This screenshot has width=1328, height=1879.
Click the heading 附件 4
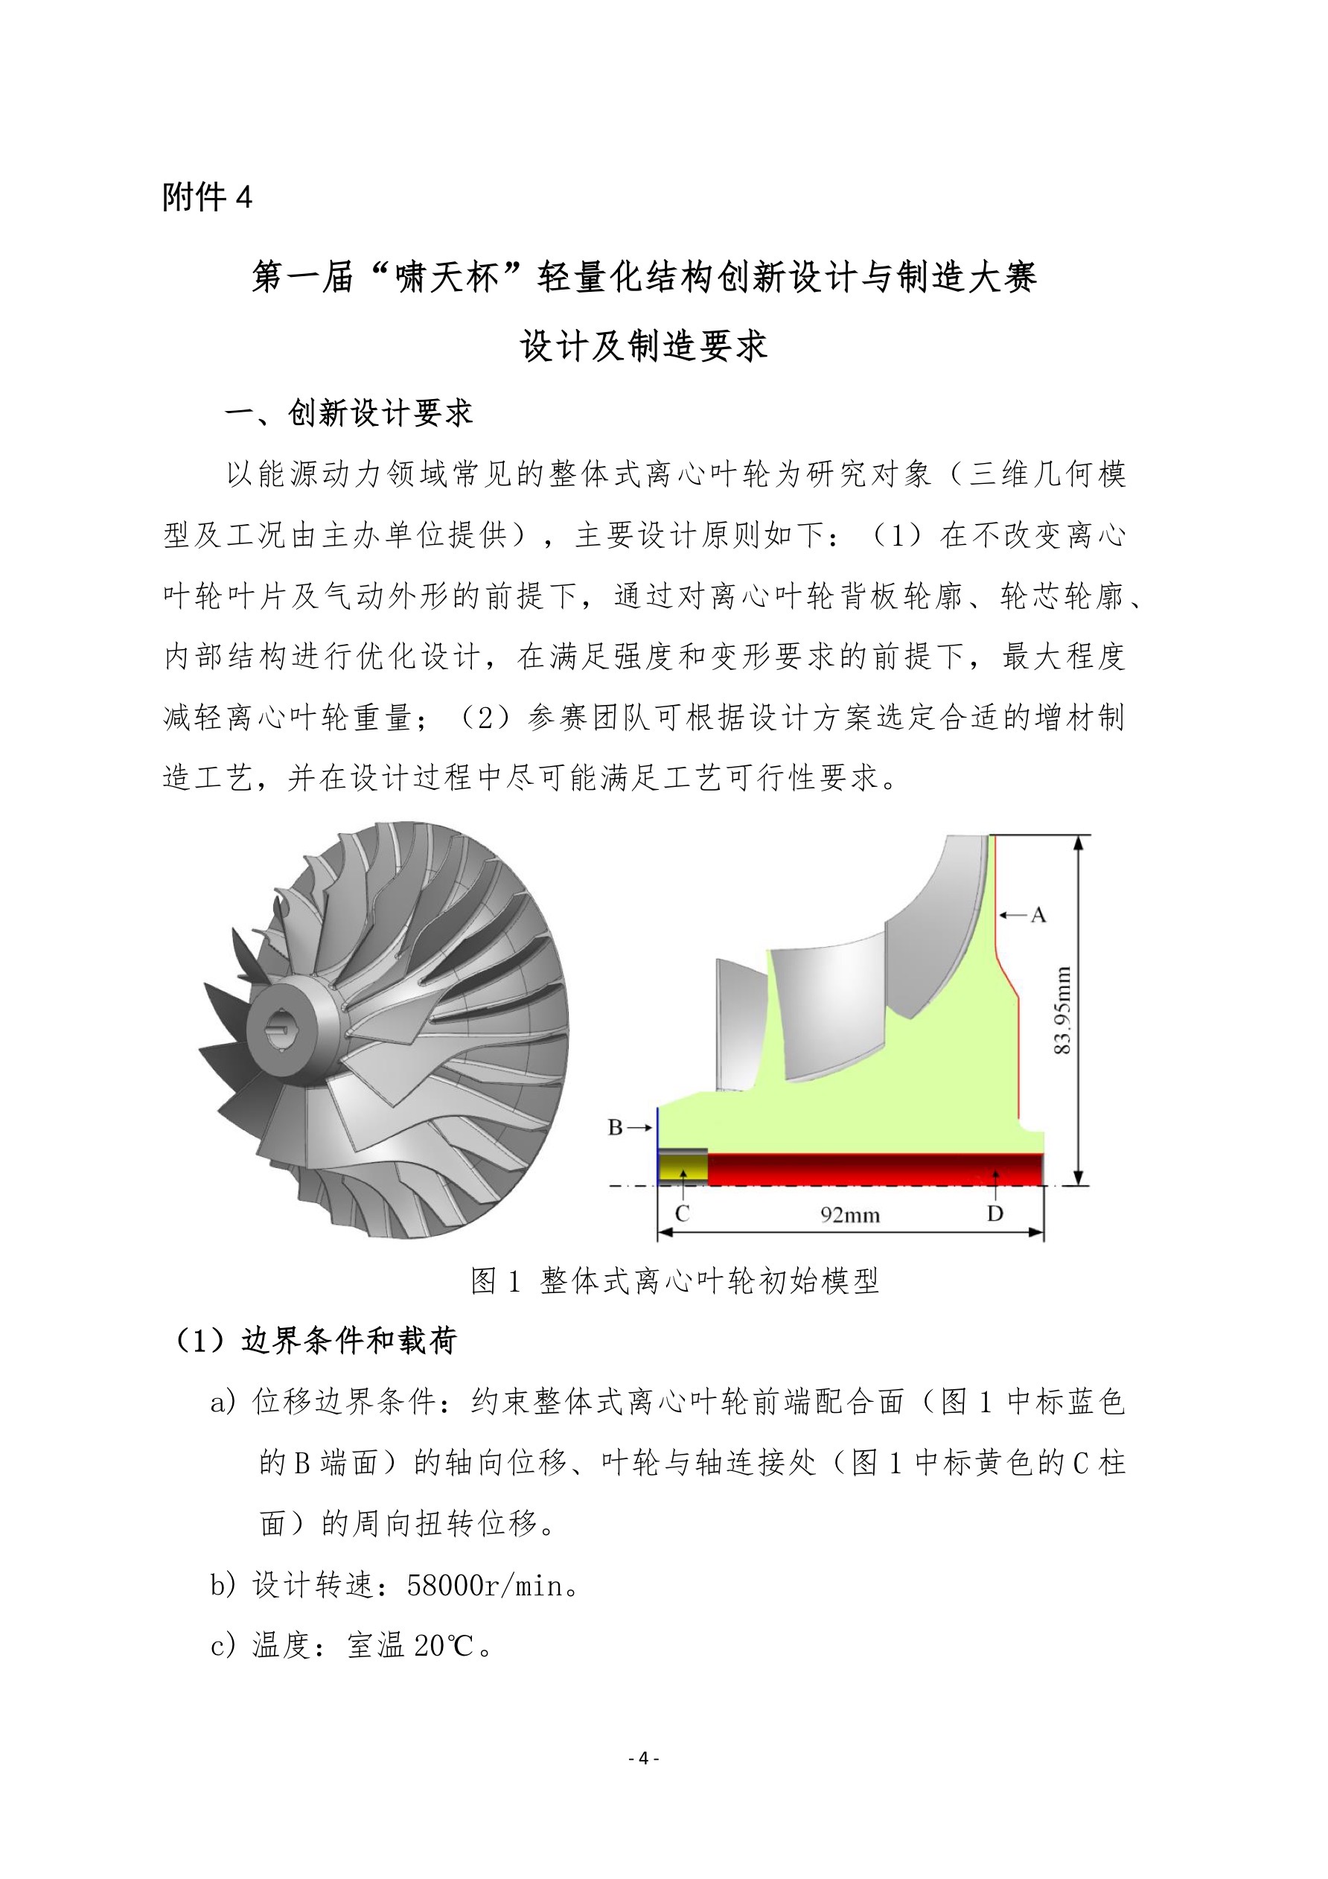[207, 197]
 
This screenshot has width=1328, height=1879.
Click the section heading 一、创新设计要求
[348, 413]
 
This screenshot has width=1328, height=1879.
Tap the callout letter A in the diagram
[1038, 915]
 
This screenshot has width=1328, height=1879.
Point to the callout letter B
[616, 1128]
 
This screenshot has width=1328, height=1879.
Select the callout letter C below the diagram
[683, 1213]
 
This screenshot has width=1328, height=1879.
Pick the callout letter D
[995, 1213]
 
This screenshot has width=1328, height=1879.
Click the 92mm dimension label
[850, 1215]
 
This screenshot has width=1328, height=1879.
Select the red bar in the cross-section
[875, 1169]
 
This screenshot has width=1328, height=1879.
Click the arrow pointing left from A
[1013, 914]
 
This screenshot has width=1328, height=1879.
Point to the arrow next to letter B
[641, 1128]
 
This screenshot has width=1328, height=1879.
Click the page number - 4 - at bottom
[643, 1758]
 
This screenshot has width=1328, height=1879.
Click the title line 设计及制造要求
[644, 346]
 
